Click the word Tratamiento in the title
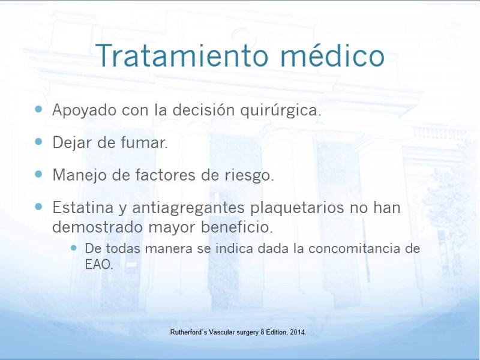182,55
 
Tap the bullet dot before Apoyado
38,109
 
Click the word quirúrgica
280,110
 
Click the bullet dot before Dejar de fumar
38,142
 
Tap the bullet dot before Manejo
38,174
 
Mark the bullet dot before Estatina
38,206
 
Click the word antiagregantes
188,208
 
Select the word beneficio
236,227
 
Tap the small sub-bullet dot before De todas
73,247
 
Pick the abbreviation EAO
99,265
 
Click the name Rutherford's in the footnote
188,332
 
